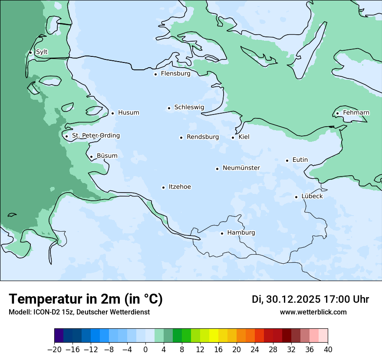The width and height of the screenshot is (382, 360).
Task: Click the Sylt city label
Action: point(42,52)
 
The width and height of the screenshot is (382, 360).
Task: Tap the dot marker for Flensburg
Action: point(155,74)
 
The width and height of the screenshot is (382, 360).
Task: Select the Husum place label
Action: point(128,113)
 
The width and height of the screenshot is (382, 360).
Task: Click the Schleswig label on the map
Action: point(189,107)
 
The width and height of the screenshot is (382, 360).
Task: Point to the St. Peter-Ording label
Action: point(95,136)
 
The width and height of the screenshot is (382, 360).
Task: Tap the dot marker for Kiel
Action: point(233,137)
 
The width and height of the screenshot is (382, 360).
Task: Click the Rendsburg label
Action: point(202,137)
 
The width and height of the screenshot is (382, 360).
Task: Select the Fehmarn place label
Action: point(356,113)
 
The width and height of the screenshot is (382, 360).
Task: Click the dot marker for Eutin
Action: point(287,160)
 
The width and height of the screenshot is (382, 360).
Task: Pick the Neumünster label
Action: point(241,168)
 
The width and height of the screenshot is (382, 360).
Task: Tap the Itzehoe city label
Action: point(180,187)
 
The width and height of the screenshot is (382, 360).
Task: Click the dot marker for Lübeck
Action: point(296,197)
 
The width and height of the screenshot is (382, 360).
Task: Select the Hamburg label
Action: point(241,233)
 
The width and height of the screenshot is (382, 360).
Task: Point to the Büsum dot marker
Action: point(91,157)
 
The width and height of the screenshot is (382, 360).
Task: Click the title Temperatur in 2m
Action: point(86,299)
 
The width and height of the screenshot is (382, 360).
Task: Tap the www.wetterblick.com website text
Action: point(313,312)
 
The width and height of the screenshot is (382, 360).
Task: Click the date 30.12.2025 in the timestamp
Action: point(293,299)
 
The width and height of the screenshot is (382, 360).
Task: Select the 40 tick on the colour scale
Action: point(328,350)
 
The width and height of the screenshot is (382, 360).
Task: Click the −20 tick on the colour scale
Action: point(54,350)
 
